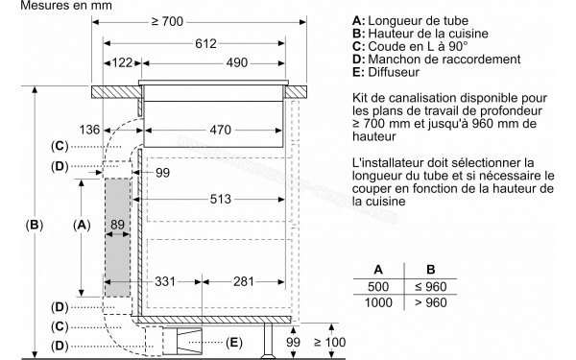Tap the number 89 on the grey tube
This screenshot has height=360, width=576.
(117, 225)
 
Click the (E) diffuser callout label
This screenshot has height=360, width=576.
(234, 342)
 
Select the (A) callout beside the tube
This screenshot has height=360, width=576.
(84, 225)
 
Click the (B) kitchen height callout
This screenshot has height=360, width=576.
(34, 225)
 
